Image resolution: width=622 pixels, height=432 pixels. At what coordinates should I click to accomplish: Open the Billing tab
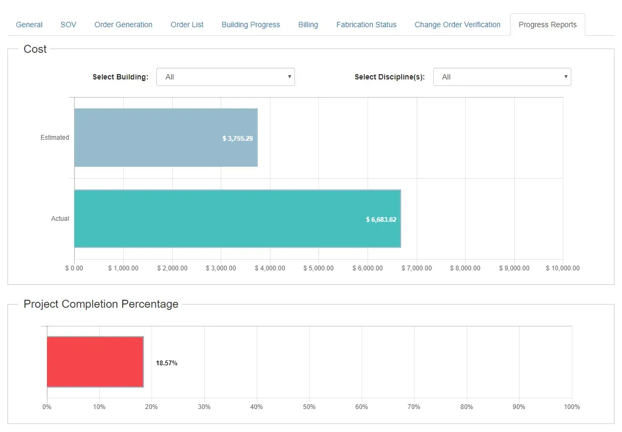click(308, 25)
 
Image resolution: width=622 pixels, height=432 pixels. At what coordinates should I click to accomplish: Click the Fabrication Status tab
click(366, 25)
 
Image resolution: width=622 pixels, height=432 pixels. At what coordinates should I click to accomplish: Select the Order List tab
click(187, 25)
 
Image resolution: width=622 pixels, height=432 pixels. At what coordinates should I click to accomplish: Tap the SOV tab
click(68, 25)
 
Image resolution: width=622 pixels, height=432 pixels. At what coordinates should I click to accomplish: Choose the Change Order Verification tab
click(457, 25)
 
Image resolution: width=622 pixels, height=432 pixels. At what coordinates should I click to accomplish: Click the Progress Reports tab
click(547, 25)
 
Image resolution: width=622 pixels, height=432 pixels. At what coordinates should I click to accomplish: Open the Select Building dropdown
click(225, 77)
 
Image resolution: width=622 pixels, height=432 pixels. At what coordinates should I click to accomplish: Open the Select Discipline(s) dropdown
click(502, 77)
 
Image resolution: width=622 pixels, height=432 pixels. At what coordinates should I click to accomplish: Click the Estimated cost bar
click(166, 138)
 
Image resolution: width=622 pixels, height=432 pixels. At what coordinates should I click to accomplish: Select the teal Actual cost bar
click(237, 219)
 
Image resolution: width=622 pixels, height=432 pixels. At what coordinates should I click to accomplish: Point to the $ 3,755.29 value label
click(237, 139)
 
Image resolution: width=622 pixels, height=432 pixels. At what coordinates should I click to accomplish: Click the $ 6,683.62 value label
click(381, 219)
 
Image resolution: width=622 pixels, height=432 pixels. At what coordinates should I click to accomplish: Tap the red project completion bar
click(95, 362)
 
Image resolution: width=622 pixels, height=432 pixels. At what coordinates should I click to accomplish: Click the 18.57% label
click(166, 363)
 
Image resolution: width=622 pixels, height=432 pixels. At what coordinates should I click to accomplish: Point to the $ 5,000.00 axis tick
click(318, 268)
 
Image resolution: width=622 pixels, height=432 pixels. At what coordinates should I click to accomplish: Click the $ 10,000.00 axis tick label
click(562, 268)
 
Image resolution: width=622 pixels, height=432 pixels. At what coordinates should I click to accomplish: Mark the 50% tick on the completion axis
click(309, 406)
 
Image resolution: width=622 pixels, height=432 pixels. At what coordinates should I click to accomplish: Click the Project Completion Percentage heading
click(101, 304)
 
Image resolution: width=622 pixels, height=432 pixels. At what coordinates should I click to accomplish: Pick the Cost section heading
click(35, 49)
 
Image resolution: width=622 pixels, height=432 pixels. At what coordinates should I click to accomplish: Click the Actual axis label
click(60, 219)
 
